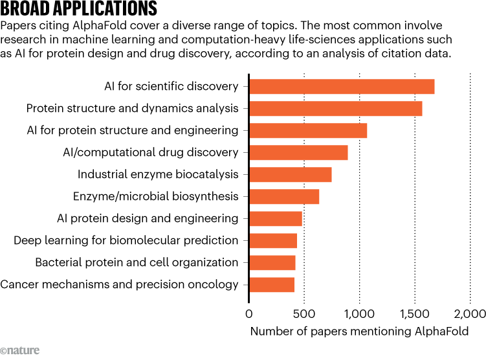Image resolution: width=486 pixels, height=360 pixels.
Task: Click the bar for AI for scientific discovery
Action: coord(342,86)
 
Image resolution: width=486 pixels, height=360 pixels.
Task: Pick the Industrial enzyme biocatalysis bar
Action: coord(291,174)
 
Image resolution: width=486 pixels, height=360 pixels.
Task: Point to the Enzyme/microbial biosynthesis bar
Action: coord(284,196)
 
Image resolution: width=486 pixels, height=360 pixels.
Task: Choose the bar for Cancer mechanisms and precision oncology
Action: coord(272,284)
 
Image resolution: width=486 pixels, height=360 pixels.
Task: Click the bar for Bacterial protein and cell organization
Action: coord(272,262)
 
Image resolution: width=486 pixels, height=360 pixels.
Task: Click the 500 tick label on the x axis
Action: coord(304,315)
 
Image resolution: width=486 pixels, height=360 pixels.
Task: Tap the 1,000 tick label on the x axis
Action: coord(359,315)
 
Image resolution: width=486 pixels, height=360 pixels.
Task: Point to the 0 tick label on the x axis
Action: coord(249,315)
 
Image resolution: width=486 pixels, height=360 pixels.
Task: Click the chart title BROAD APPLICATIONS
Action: coord(79,9)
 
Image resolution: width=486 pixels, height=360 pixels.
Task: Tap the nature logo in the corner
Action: coord(20,350)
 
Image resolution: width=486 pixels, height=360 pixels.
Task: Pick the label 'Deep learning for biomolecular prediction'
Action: coord(126,240)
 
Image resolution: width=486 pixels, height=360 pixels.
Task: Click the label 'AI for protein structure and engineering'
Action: coord(133,130)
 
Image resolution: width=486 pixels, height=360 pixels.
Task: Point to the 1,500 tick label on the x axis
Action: coord(414,315)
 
